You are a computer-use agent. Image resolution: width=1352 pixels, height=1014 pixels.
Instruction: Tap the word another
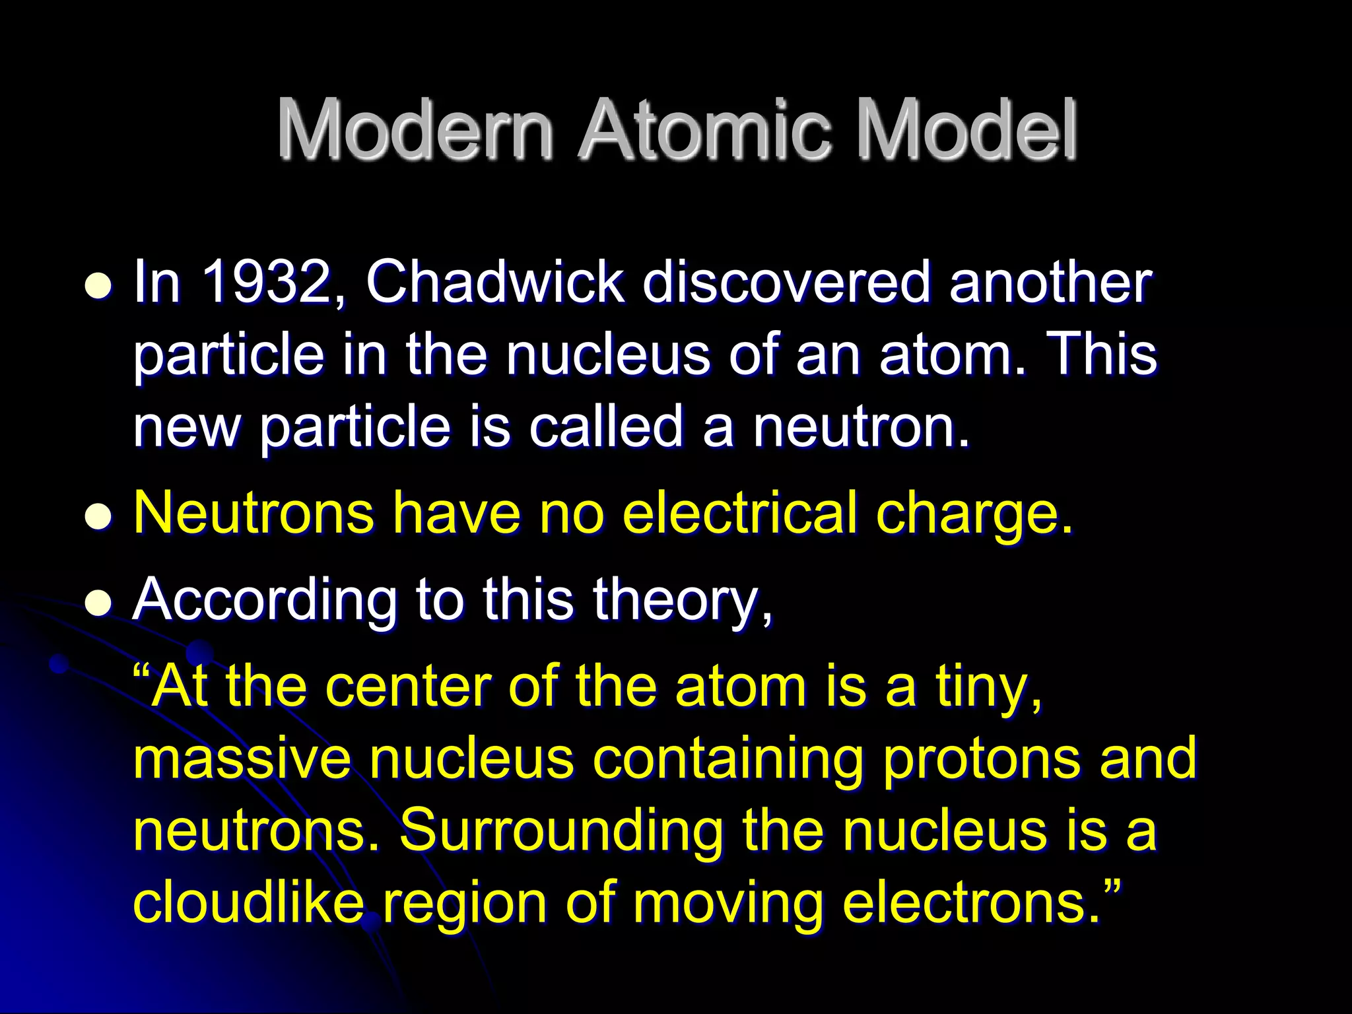1050,283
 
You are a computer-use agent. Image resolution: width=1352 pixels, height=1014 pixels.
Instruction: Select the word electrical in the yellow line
739,513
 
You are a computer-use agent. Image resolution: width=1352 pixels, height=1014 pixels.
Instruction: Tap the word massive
242,759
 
